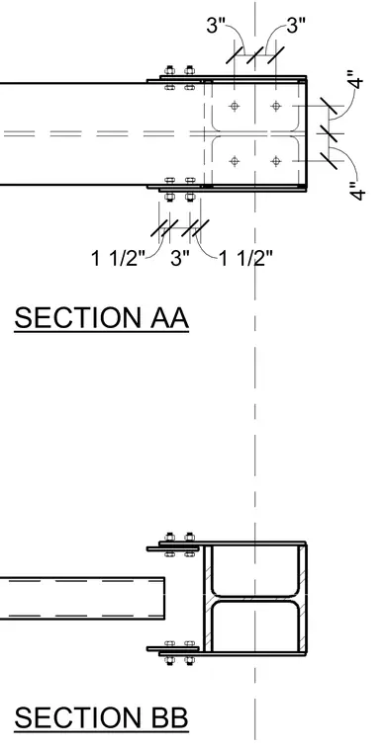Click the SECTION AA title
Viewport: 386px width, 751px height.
pyautogui.click(x=102, y=317)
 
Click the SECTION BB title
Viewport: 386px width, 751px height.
pyautogui.click(x=101, y=717)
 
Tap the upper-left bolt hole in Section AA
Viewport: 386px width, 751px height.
pyautogui.click(x=235, y=106)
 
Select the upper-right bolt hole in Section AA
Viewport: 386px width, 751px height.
pyautogui.click(x=276, y=106)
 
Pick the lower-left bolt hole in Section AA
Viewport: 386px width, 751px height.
pyautogui.click(x=235, y=161)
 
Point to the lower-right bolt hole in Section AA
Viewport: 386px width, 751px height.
pyautogui.click(x=276, y=161)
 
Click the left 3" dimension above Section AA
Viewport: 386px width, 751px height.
pyautogui.click(x=216, y=25)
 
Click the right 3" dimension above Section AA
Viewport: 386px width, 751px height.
pyautogui.click(x=296, y=25)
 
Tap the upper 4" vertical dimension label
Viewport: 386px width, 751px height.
pyautogui.click(x=356, y=79)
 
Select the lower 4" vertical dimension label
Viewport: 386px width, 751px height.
pyautogui.click(x=357, y=190)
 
